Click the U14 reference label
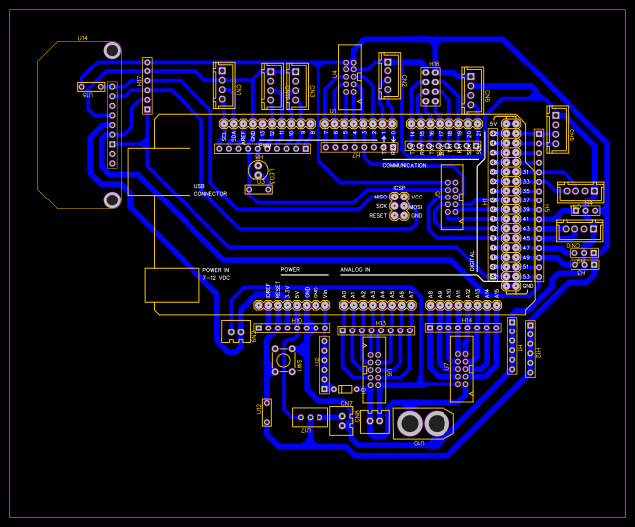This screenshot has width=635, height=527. (83, 38)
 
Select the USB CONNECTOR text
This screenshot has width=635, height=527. (210, 189)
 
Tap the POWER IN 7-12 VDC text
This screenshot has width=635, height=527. (216, 273)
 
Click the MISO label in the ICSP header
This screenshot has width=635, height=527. (381, 197)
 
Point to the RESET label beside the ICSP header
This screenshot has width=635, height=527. (378, 215)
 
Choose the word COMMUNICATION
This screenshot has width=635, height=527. (404, 165)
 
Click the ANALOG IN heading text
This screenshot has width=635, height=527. (355, 269)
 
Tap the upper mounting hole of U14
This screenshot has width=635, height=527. (112, 50)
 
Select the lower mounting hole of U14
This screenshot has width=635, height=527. (112, 199)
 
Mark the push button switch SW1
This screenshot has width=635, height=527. (283, 361)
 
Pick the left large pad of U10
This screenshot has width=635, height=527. (409, 424)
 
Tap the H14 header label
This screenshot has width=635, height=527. (467, 321)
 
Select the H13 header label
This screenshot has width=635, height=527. (381, 322)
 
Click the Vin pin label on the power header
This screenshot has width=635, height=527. (325, 293)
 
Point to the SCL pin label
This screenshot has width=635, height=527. (224, 133)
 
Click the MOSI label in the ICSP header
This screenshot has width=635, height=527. (416, 206)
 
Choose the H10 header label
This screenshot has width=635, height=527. (296, 320)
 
